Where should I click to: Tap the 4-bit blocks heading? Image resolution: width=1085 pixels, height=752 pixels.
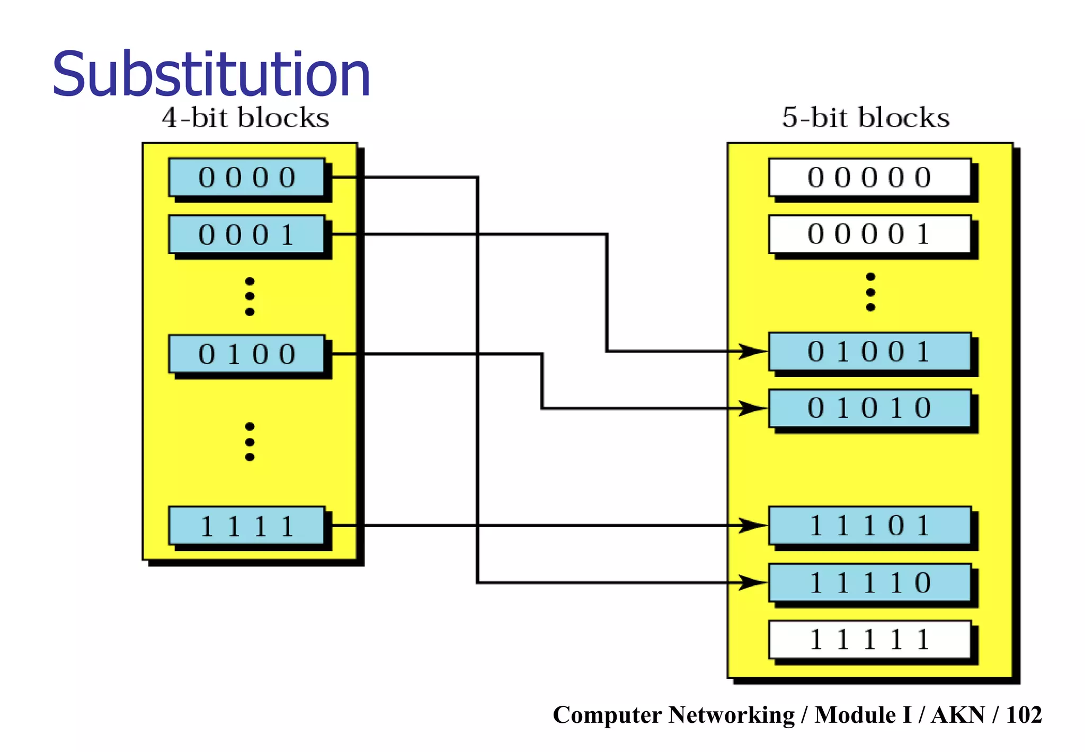[245, 118]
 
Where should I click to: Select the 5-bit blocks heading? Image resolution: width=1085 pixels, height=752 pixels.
[866, 118]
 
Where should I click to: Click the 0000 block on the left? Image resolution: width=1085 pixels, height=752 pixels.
[247, 177]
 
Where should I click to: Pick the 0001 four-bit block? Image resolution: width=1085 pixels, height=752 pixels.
[247, 234]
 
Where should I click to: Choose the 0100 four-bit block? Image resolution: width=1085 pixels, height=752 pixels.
[247, 354]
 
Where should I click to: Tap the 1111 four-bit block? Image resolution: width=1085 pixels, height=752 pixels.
[247, 526]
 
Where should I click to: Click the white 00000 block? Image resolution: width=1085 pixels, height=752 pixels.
[869, 177]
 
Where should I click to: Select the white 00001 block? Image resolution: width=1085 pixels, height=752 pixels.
[869, 234]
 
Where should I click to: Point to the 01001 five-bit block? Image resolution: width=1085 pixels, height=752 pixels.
[869, 352]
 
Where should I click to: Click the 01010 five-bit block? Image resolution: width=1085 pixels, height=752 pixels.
[869, 408]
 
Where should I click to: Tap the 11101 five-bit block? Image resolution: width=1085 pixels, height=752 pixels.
[869, 526]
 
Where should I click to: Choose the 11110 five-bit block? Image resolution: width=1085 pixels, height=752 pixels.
[869, 583]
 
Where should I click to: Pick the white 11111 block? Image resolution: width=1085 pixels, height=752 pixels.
[869, 640]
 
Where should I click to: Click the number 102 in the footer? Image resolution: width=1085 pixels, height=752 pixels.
[1024, 715]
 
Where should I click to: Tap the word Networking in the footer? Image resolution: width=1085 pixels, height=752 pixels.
[731, 715]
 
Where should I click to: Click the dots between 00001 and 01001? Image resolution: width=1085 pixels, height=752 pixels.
[870, 292]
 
